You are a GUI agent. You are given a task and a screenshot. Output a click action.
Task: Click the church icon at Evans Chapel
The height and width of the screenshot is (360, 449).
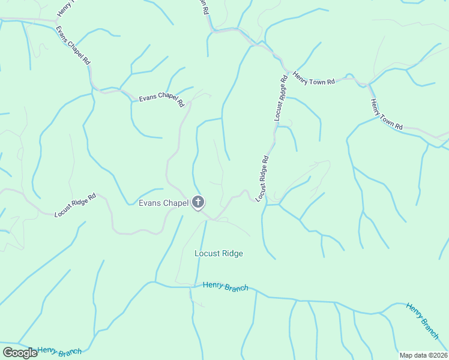[198, 203]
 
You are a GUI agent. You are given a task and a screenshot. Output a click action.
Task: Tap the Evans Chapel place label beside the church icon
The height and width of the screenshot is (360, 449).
[164, 203]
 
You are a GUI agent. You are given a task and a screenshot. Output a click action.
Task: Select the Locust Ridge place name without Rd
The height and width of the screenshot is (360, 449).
[218, 253]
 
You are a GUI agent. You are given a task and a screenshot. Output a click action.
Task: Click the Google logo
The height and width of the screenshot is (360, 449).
[20, 353]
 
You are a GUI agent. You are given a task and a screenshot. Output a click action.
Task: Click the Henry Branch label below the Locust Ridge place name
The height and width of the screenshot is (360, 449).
[225, 287]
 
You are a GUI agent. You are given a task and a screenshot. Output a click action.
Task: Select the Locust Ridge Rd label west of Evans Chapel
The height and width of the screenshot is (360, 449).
[75, 205]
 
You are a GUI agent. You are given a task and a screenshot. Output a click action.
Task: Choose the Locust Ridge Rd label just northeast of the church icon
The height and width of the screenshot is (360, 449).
[263, 178]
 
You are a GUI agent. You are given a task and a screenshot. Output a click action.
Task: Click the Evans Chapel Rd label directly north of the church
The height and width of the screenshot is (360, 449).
[161, 100]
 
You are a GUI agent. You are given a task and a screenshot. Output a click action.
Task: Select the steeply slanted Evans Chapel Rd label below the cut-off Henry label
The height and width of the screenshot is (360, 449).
[73, 46]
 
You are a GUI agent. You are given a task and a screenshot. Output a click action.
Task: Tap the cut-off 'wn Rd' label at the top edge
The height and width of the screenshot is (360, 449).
[205, 7]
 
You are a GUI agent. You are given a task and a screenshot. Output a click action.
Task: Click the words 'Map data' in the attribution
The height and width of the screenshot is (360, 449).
[412, 355]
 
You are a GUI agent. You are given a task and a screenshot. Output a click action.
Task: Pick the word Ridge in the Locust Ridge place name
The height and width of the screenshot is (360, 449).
[231, 253]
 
